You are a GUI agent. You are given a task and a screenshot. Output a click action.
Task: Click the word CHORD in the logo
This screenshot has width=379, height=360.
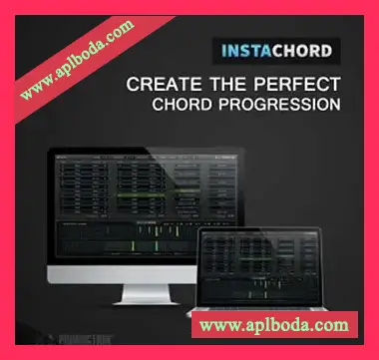304,48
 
